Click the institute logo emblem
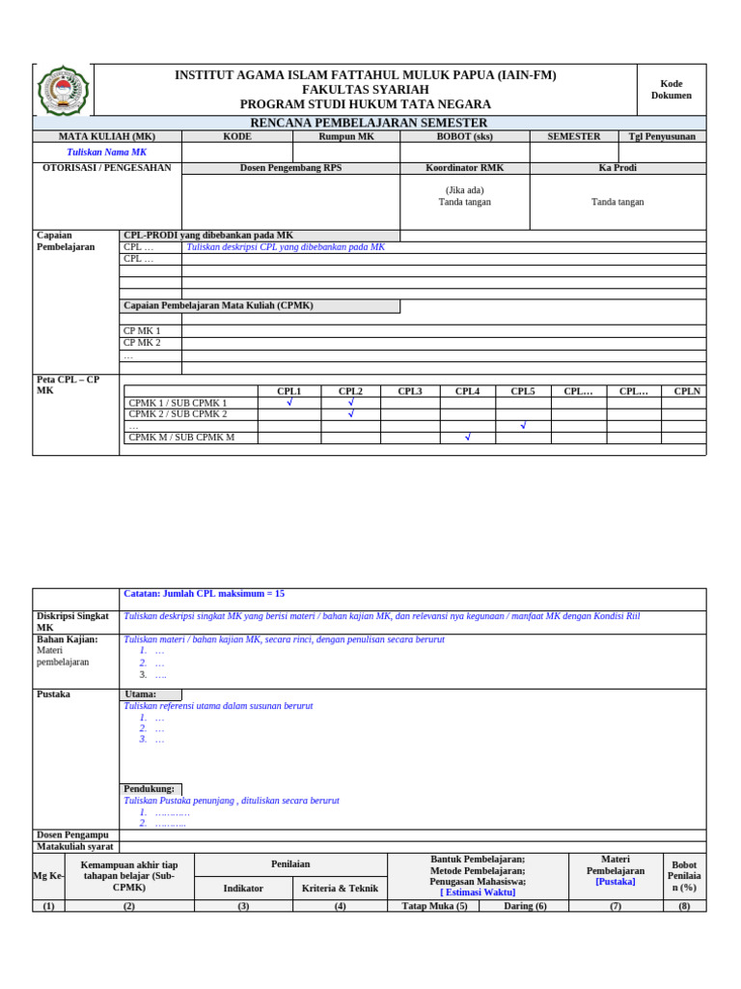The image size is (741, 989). click(63, 91)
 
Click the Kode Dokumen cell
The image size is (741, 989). click(671, 90)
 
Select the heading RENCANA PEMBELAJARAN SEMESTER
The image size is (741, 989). click(369, 123)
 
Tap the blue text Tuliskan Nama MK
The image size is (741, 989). click(107, 153)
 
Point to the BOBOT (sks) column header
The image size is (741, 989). click(464, 137)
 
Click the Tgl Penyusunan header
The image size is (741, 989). click(662, 137)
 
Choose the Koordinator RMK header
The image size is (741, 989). click(464, 168)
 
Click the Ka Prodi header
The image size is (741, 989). click(617, 168)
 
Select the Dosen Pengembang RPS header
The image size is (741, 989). click(290, 168)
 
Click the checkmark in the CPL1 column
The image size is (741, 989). click(288, 403)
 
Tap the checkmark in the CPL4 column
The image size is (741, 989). click(467, 438)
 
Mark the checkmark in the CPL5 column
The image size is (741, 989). click(523, 426)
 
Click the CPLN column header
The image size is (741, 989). click(687, 391)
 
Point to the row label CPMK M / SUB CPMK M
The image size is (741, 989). click(181, 438)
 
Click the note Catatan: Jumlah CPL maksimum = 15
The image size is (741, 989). click(205, 594)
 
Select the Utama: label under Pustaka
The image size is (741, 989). click(140, 694)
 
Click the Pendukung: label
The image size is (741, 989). click(150, 789)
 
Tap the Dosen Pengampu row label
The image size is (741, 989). click(72, 834)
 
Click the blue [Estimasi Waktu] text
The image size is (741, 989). click(478, 892)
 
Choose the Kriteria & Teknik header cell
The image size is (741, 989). click(340, 889)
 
